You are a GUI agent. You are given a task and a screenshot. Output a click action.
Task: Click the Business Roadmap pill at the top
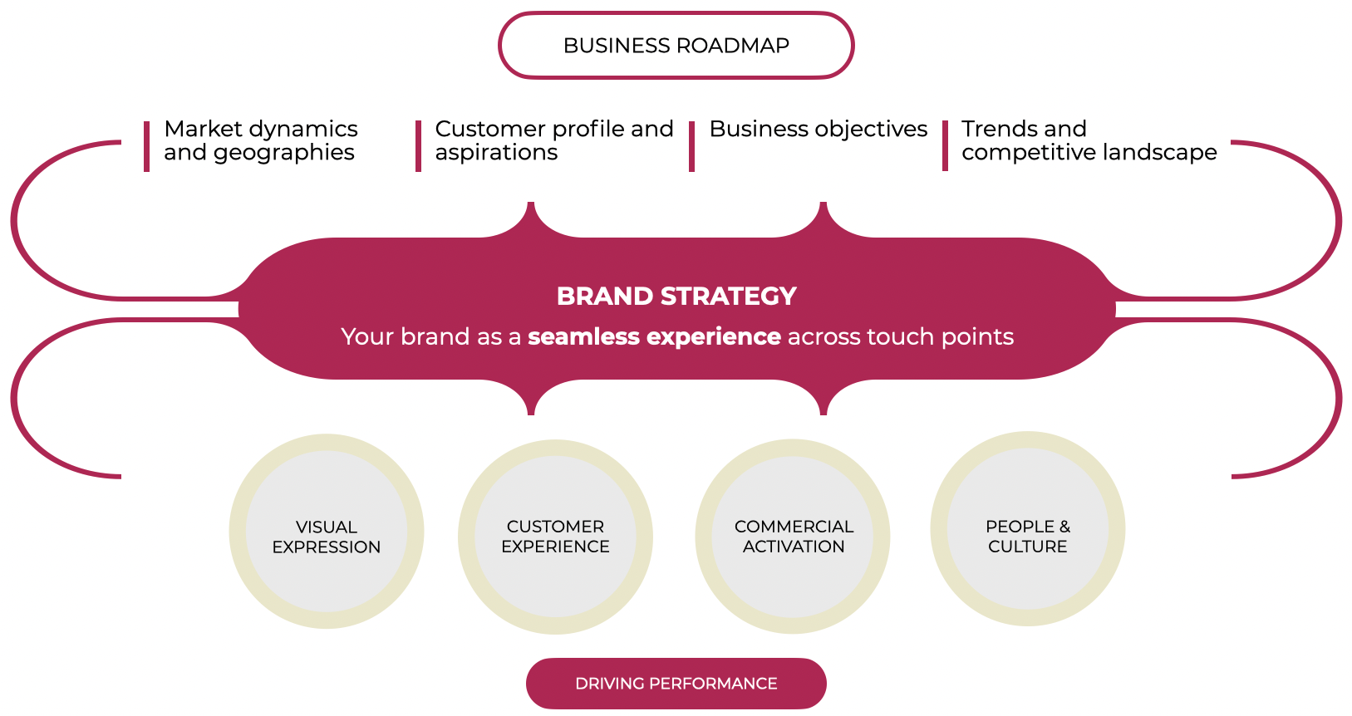pos(676,46)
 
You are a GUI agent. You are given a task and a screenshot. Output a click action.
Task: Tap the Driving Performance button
pos(676,684)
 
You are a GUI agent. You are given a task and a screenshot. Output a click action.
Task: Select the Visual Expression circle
pos(327,532)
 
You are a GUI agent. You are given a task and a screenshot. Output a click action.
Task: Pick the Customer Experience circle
pos(555,537)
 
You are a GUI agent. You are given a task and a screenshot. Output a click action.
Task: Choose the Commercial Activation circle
pos(793,537)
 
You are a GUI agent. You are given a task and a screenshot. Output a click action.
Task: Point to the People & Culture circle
pos(1027,529)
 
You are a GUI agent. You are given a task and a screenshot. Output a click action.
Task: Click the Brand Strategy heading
pos(676,297)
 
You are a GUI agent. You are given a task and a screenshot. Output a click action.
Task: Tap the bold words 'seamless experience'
pos(654,336)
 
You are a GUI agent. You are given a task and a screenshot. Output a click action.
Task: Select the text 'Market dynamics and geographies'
pos(260,140)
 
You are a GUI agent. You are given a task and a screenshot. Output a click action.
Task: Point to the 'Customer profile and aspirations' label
pos(553,140)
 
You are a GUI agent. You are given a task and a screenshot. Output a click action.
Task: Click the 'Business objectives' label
pos(818,130)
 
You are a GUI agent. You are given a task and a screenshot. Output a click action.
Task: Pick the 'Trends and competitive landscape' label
pos(1089,140)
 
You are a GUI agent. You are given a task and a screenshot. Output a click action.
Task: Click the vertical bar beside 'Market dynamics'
pos(147,146)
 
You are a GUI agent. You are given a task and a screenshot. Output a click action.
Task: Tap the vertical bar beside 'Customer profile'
pos(418,146)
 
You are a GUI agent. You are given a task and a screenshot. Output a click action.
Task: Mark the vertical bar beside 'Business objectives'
pos(691,146)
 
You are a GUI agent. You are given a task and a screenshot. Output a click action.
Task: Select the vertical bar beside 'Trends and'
pos(945,146)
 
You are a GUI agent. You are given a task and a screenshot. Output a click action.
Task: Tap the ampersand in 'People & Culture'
pos(1064,527)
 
